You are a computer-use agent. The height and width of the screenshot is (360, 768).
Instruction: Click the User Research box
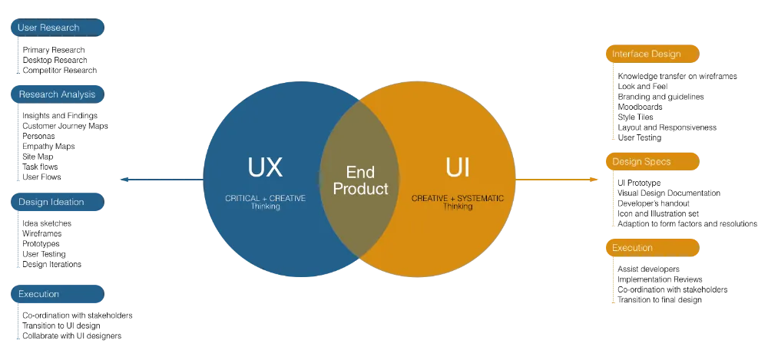[56, 28]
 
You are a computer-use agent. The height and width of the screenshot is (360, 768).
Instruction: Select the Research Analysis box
[56, 94]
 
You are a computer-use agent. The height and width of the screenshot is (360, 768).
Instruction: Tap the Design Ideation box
[56, 202]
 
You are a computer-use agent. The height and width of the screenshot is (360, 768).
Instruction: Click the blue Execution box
[56, 294]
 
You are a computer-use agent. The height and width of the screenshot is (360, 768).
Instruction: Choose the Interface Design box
[653, 54]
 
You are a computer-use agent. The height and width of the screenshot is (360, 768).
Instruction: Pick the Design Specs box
[653, 162]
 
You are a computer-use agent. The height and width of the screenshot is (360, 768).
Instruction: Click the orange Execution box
[653, 248]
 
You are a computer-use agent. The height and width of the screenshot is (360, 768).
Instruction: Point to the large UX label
[265, 167]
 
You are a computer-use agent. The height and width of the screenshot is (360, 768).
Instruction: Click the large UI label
[458, 167]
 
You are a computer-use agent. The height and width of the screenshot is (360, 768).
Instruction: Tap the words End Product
[360, 180]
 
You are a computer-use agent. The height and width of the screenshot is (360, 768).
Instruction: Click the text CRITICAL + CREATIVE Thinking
[265, 202]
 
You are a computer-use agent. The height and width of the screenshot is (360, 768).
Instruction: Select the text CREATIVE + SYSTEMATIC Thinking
[458, 202]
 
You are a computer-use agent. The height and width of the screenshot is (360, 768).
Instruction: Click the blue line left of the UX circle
[161, 181]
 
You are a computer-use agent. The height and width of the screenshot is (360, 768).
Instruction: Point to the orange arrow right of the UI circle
[557, 180]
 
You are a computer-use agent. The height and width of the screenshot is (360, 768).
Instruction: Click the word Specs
[658, 162]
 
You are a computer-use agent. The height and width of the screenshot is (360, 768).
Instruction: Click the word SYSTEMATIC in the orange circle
[477, 198]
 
